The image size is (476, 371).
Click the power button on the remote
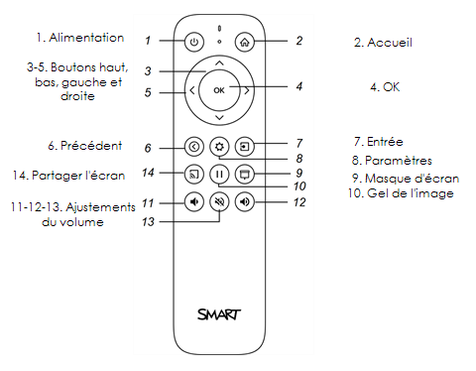(193, 43)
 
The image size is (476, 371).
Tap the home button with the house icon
(245, 43)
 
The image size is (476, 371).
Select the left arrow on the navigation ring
(191, 92)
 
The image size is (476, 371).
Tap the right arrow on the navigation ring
(246, 92)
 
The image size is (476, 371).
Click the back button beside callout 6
(193, 146)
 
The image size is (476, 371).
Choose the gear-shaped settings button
(219, 146)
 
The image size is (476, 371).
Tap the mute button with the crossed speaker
(219, 202)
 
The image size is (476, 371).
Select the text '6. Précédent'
(83, 145)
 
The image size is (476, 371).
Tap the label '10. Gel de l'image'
(403, 192)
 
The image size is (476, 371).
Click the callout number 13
(148, 221)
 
